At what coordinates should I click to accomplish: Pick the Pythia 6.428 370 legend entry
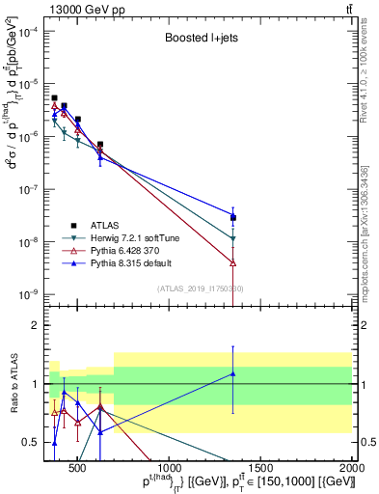pos(128,249)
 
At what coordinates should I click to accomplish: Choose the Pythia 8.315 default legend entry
pos(135,261)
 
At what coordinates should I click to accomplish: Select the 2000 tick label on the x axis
pos(352,468)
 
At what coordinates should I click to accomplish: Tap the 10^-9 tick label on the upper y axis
pos(28,293)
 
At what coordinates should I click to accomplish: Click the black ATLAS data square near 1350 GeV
pos(233,217)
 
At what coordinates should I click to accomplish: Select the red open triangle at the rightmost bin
pos(233,262)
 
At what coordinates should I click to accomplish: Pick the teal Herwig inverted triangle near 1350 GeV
pos(233,238)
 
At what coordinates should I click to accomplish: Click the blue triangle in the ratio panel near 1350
pos(233,373)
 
